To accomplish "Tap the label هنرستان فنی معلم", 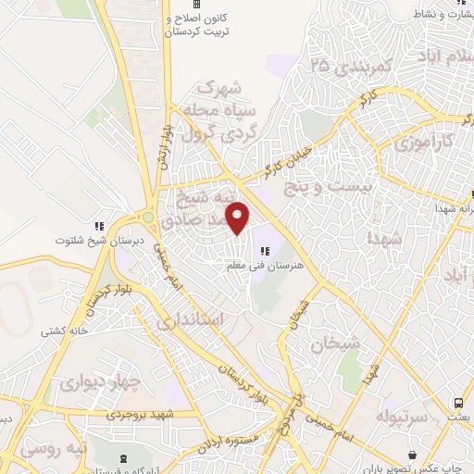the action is coord(264,267).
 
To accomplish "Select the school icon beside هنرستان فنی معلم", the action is coord(265,251).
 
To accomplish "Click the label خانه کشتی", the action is coord(62,330).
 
